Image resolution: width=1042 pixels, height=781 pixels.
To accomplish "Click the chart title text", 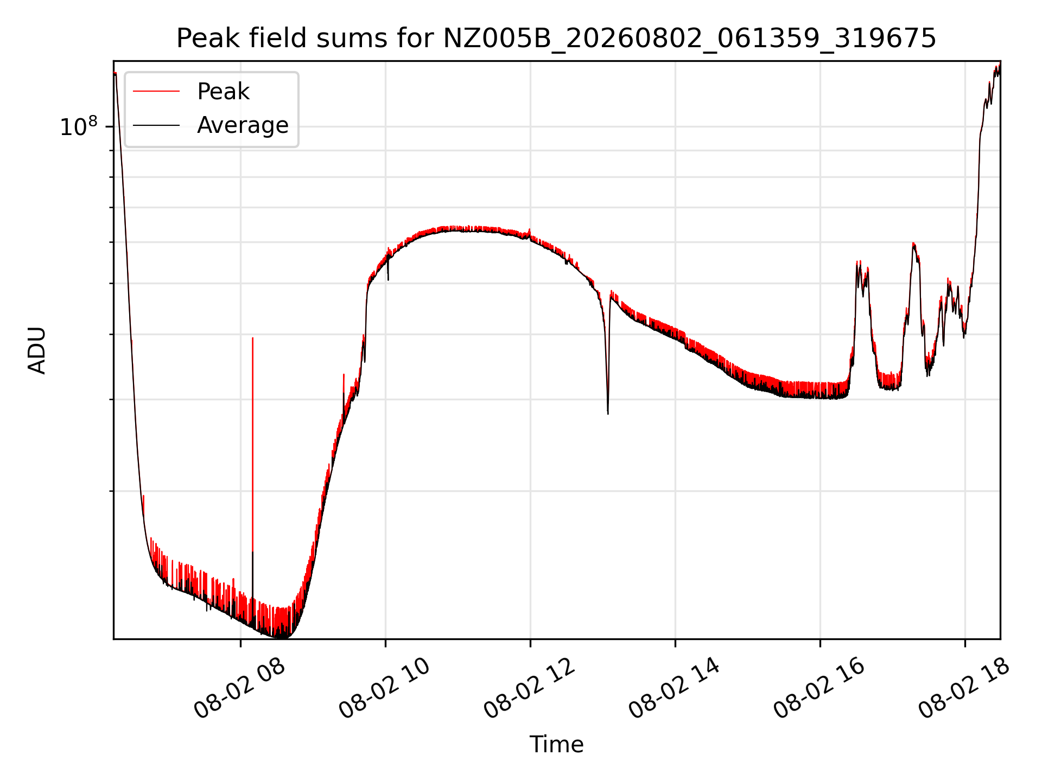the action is pos(556,39).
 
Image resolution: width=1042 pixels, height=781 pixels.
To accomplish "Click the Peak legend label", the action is pos(223,92).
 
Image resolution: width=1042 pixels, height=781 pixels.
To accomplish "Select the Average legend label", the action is pos(243,125).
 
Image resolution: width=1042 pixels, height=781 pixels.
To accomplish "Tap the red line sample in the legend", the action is pos(156,92).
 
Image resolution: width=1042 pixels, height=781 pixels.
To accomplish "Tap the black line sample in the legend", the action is pos(156,125).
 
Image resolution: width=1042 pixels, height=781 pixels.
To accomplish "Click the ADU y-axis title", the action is pos(37,350).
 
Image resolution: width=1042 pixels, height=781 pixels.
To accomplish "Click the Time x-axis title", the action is pos(556,745).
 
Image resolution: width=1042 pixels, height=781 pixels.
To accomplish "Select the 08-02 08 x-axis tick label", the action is pos(239,689).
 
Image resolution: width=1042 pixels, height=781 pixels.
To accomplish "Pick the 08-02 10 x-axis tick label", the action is pos(384,689).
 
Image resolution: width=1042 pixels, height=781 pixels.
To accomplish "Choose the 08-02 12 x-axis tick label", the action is pos(529,689).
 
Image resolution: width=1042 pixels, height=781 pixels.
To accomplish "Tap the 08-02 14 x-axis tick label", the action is pos(674,689).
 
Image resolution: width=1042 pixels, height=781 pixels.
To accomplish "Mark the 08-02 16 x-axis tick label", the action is pos(819,689).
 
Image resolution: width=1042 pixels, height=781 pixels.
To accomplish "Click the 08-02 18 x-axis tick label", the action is pos(964,689).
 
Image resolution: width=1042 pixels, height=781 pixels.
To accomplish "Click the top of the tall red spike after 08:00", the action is pos(252,338).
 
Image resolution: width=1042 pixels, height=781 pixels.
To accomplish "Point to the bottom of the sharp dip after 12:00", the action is pos(608,414).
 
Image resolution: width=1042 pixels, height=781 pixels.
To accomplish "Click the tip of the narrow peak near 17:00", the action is pos(914,244).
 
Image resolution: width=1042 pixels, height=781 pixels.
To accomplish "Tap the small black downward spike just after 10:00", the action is pos(388,280).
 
